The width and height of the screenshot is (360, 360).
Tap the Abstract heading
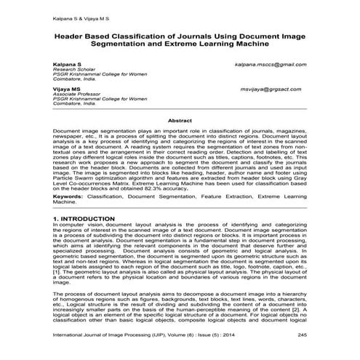[179, 120]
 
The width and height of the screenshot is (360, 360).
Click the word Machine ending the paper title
[249, 45]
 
